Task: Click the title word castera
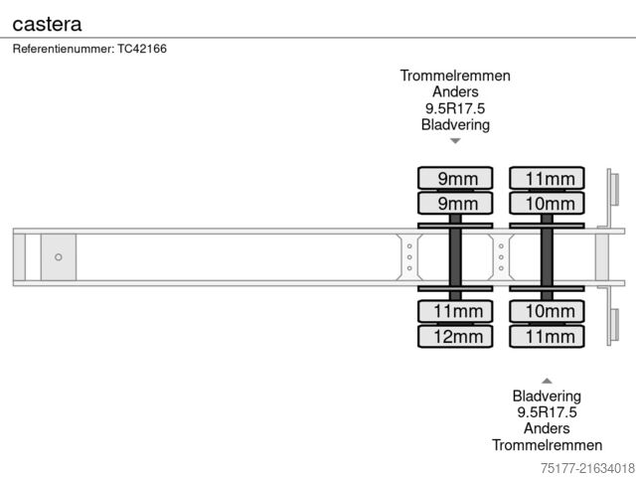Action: [47, 22]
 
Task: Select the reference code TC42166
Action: [140, 48]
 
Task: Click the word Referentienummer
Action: [64, 48]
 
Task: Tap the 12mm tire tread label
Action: [455, 336]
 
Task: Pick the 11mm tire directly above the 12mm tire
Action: [455, 312]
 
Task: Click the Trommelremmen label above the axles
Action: [455, 76]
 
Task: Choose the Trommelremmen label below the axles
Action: [547, 444]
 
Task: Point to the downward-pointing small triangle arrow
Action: [455, 141]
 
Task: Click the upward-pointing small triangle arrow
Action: [547, 380]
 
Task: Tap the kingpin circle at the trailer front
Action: [59, 257]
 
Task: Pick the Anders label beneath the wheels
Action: [547, 428]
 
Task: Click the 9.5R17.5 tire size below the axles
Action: [547, 412]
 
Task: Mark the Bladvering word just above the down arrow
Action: [455, 125]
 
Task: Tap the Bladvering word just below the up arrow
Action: [547, 397]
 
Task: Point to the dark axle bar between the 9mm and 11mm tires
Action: [455, 257]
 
